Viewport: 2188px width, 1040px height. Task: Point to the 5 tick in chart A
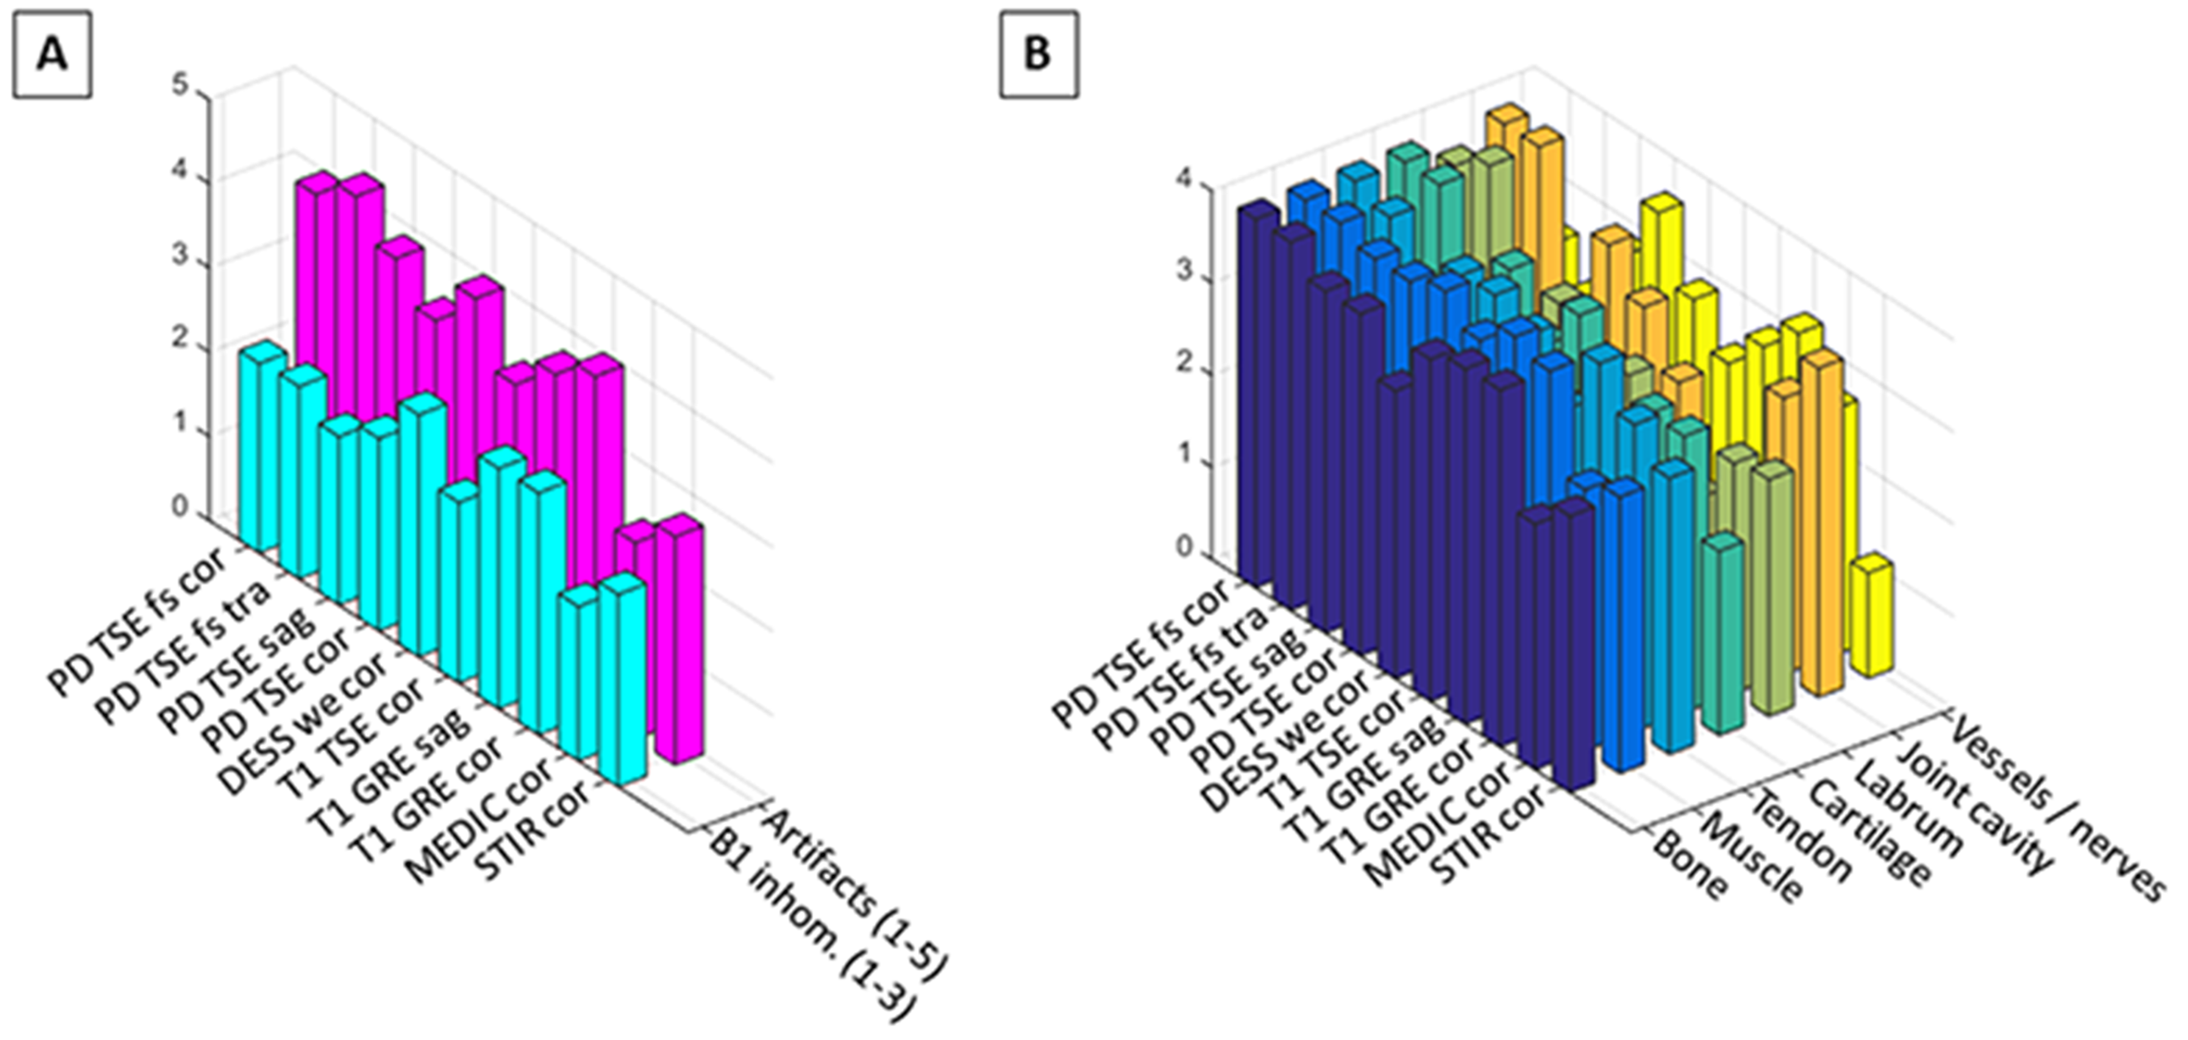coord(180,86)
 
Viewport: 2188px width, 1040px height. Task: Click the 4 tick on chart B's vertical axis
coord(1183,181)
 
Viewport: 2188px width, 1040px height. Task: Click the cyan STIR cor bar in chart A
coord(622,681)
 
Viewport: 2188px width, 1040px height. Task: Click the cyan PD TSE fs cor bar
coord(260,445)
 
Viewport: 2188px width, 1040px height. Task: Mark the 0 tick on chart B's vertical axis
coord(1183,547)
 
